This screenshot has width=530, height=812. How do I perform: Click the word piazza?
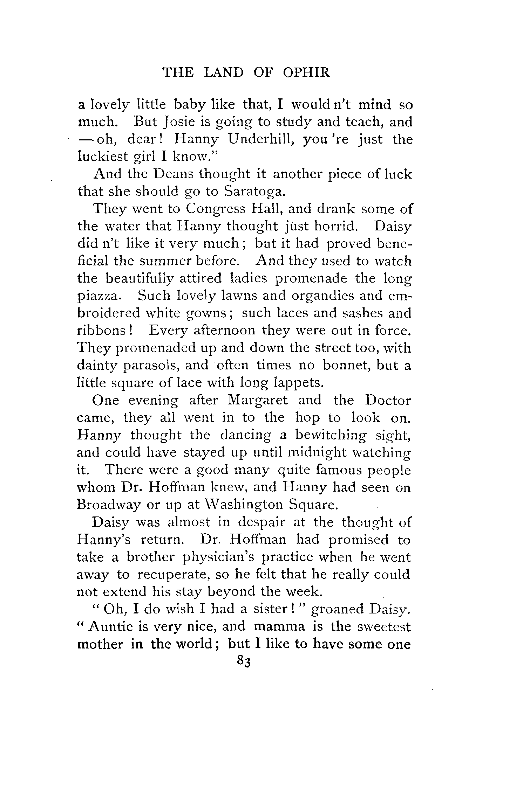[x=100, y=296]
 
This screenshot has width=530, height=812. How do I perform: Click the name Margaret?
[x=258, y=400]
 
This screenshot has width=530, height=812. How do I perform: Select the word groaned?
[x=337, y=609]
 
